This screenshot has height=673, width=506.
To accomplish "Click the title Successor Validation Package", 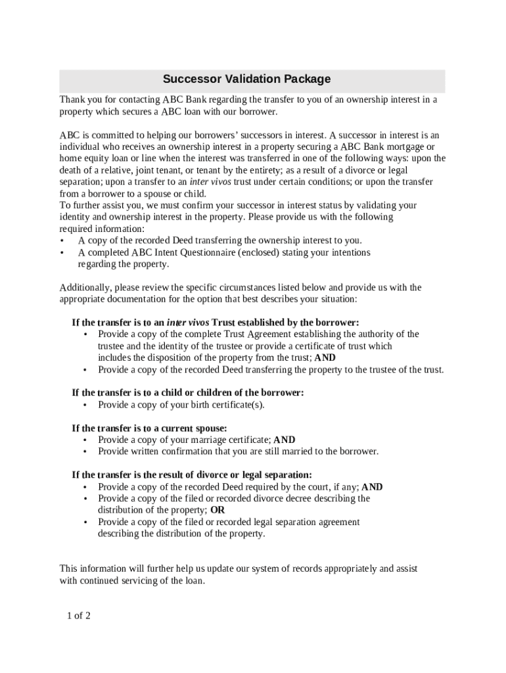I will click(x=246, y=80).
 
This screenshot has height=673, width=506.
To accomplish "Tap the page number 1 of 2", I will click(x=78, y=616).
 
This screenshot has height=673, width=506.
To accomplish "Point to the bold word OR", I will click(x=218, y=510).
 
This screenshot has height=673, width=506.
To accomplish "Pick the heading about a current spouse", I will click(x=149, y=428).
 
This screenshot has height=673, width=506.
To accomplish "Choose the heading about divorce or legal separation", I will click(x=192, y=475).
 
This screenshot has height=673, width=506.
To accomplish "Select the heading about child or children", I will click(x=187, y=392).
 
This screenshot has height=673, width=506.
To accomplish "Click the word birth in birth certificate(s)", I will click(x=188, y=404).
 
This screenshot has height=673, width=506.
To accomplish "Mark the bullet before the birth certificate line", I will click(x=86, y=405).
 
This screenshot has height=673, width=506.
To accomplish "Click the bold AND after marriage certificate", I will click(x=284, y=440).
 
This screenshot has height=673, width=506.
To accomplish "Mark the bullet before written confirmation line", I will click(x=86, y=452).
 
